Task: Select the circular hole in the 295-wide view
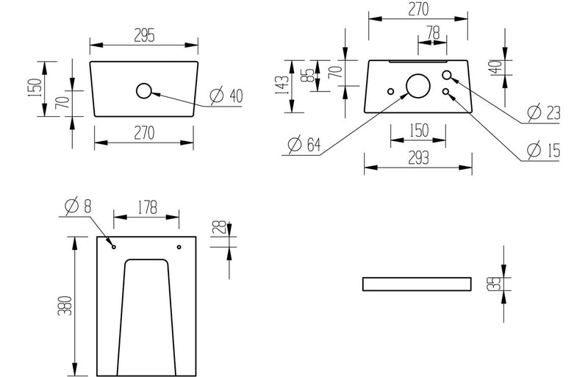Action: [x=143, y=91]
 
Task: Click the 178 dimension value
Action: [x=146, y=209]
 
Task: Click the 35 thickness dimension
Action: [x=497, y=284]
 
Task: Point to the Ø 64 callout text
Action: [x=304, y=145]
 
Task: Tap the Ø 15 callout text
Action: [x=544, y=151]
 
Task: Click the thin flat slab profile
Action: [x=416, y=284]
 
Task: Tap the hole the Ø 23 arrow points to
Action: [x=448, y=75]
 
